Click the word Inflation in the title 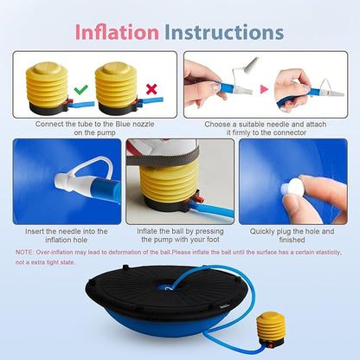(x=117, y=32)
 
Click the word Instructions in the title (x=224, y=32)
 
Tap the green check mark (x=80, y=90)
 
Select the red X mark (x=151, y=89)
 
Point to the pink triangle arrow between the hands (x=264, y=89)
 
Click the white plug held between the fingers (x=292, y=187)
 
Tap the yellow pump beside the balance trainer (x=271, y=329)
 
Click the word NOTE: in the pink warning (x=24, y=252)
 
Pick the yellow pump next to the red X (x=117, y=87)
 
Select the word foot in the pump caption (x=213, y=240)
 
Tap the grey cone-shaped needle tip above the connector (x=252, y=63)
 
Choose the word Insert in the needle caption (x=34, y=231)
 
